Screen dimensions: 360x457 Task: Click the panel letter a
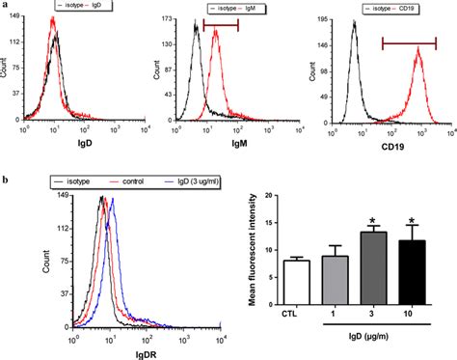(7, 7)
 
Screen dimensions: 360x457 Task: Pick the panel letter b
(7, 180)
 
